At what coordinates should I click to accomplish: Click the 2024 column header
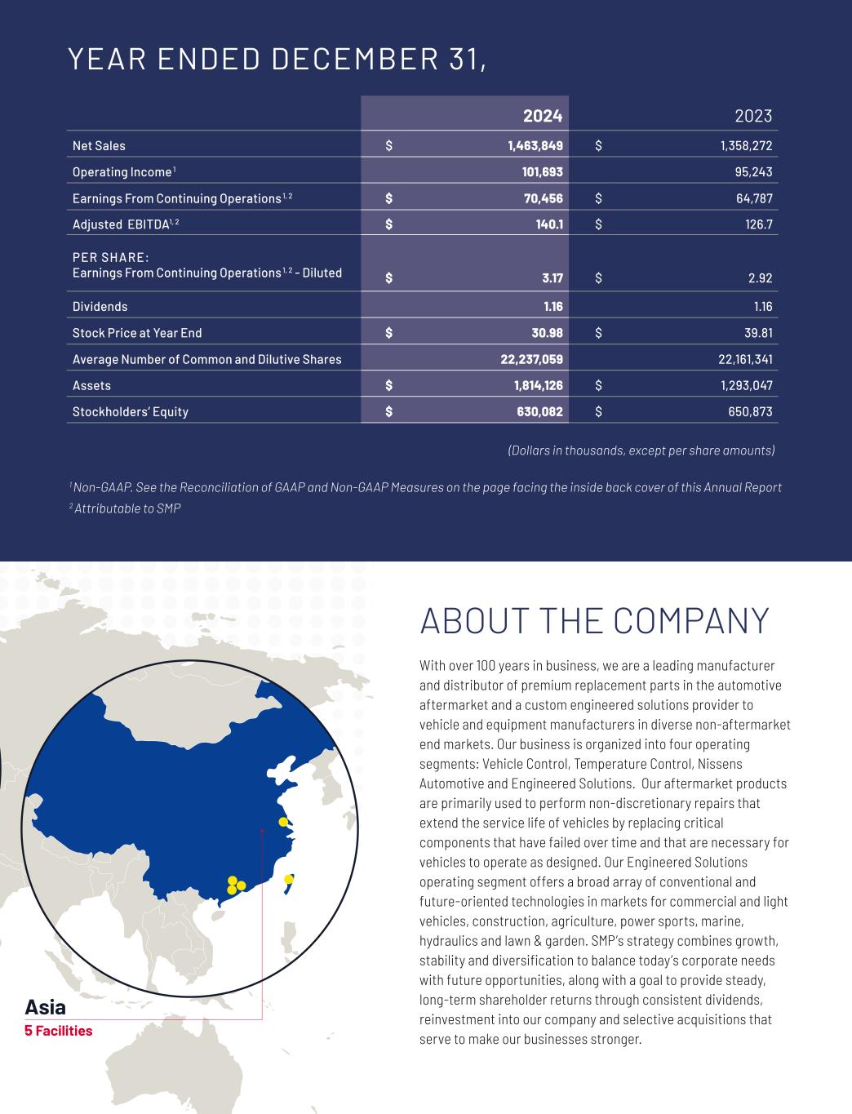(x=543, y=116)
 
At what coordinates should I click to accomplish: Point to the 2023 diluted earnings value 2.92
(x=760, y=278)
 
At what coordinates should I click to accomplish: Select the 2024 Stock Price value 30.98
(x=543, y=333)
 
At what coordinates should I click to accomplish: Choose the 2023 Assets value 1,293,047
(x=740, y=385)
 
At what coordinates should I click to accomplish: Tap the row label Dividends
(x=100, y=307)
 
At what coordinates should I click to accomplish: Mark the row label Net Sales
(x=99, y=146)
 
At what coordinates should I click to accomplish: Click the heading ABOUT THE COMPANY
(x=594, y=621)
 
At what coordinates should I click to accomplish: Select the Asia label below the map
(x=45, y=1006)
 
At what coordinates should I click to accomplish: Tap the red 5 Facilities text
(x=59, y=1031)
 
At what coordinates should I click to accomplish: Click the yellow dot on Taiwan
(x=288, y=879)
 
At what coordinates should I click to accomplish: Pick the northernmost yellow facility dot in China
(x=283, y=822)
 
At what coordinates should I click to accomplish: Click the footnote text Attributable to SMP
(x=127, y=508)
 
